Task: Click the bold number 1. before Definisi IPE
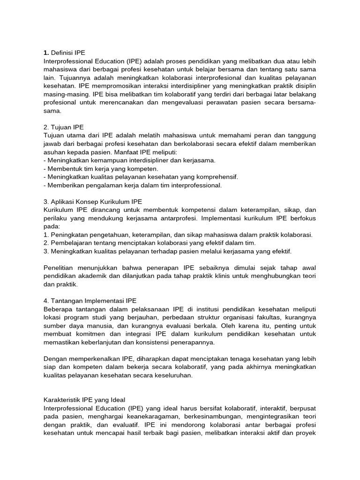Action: (x=46, y=52)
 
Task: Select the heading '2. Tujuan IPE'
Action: (x=64, y=127)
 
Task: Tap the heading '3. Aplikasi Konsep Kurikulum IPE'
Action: (x=92, y=202)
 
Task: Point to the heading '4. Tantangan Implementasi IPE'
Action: (x=90, y=300)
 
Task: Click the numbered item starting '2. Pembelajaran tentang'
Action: (x=149, y=243)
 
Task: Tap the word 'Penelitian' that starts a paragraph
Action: (x=59, y=268)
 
